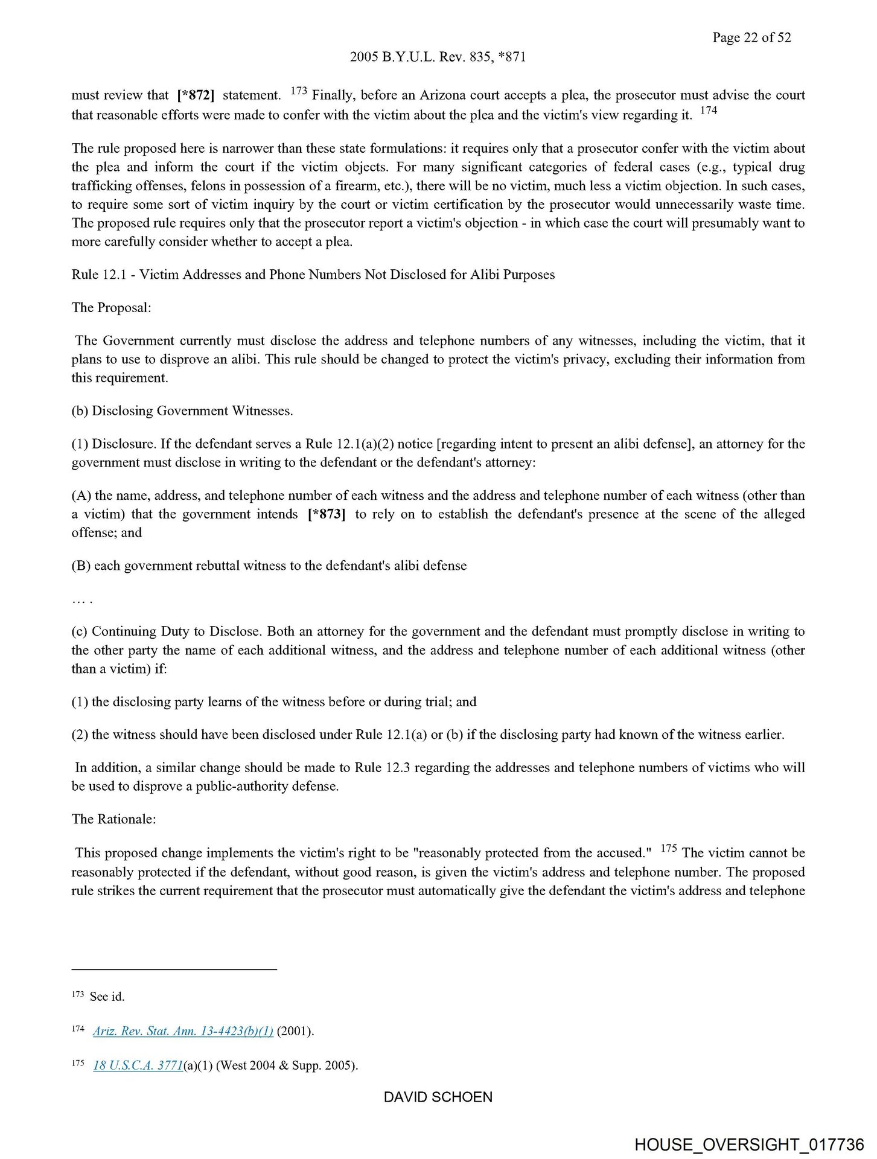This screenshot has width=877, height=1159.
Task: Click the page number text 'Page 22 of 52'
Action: [x=751, y=37]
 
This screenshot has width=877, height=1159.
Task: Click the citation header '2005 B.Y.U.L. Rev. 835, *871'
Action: [x=438, y=57]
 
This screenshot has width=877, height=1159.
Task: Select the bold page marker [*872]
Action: [x=196, y=95]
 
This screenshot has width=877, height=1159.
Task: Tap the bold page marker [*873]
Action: [x=327, y=514]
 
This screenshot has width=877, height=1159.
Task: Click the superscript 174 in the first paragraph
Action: [x=709, y=110]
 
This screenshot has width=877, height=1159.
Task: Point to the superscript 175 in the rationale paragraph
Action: [x=669, y=848]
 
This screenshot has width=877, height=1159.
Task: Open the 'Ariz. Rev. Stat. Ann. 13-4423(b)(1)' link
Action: [x=183, y=1031]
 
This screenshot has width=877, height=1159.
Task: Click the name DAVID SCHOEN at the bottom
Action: [x=438, y=1097]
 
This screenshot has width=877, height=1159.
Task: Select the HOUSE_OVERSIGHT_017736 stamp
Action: [x=749, y=1145]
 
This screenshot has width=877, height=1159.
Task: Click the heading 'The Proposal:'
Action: [x=111, y=308]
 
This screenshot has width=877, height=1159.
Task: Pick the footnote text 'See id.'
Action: [x=107, y=997]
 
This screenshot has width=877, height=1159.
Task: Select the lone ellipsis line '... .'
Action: [x=81, y=599]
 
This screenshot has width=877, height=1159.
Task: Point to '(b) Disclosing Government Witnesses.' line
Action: [x=182, y=411]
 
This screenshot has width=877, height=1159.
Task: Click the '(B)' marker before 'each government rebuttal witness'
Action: [x=81, y=566]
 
